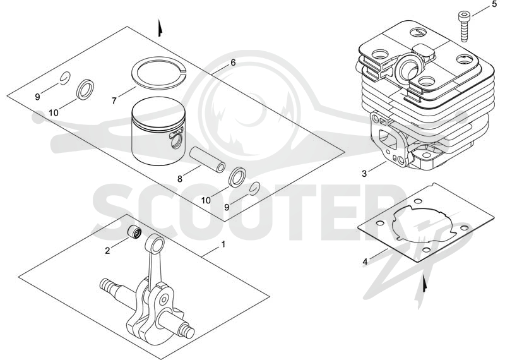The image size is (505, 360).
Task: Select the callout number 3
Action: [x=364, y=174]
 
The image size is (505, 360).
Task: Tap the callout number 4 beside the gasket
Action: [x=365, y=261]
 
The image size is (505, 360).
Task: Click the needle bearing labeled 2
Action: [x=134, y=232]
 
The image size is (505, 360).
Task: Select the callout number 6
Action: [x=233, y=63]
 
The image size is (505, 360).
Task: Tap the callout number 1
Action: [x=223, y=244]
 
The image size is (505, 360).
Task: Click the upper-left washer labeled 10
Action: [x=85, y=88]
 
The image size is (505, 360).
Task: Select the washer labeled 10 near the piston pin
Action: [x=237, y=177]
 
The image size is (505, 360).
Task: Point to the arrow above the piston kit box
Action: [x=160, y=28]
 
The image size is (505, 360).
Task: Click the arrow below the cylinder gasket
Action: [x=425, y=284]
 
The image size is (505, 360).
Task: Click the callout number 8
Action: [x=180, y=179]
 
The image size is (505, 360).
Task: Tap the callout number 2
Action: [x=107, y=250]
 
